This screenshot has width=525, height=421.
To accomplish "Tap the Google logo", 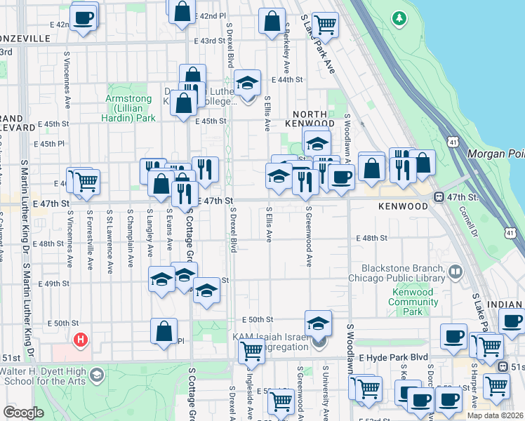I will point(23,413).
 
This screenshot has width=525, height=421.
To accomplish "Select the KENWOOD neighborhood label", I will point(402,207).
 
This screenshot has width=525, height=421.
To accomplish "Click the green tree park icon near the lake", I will point(399,17).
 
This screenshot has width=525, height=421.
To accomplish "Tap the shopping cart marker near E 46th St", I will point(86,180).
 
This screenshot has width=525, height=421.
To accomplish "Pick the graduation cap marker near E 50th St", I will point(317,323).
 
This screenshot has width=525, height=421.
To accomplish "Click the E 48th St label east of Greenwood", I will point(371,239).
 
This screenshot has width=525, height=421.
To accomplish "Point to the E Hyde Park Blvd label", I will point(393,357).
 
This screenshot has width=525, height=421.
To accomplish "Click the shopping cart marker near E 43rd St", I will point(325,24).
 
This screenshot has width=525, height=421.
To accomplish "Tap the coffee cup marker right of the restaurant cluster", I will point(341,176).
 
